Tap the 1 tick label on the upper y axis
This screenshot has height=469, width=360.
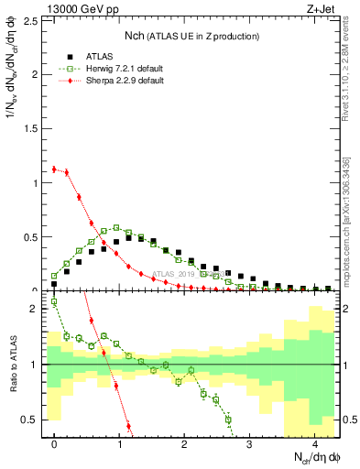(x=38, y=182)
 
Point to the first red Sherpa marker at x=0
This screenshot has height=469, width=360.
(x=54, y=169)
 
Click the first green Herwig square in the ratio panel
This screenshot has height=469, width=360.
(x=54, y=301)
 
